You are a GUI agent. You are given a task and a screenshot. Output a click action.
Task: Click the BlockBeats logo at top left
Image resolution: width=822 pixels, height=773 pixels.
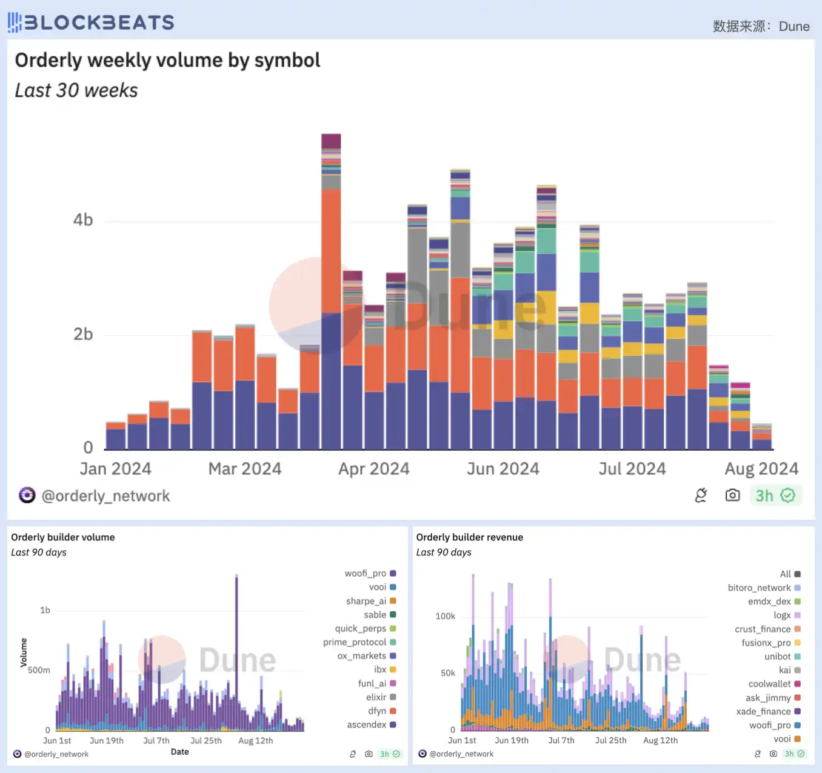(91, 22)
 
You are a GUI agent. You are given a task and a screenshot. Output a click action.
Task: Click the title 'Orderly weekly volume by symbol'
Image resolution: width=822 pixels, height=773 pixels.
(167, 60)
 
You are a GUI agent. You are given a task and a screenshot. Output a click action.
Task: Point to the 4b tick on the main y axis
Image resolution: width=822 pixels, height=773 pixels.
(83, 220)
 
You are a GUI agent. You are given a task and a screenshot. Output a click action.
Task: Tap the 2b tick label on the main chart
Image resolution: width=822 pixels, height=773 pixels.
(83, 334)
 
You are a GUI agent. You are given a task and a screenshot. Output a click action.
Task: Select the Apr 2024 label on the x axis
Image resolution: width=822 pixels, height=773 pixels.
(373, 469)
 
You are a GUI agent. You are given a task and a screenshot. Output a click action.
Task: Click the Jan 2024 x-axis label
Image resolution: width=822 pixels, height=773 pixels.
(115, 469)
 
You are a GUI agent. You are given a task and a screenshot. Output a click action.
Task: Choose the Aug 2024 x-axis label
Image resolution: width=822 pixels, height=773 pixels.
(761, 469)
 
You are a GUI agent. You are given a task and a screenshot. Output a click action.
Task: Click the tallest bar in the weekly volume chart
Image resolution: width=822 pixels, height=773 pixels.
(331, 291)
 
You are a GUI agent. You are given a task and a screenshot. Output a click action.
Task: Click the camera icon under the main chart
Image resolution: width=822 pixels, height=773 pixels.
(732, 496)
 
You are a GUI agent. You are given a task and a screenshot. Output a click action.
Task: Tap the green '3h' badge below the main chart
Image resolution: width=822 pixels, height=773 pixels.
(775, 496)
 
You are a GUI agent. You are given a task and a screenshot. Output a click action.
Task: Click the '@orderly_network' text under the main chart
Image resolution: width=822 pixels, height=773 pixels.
(105, 496)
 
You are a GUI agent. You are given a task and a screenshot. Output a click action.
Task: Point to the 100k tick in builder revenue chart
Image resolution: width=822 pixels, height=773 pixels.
(445, 616)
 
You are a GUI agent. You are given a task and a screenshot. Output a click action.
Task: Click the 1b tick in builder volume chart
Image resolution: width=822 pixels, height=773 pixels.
(45, 610)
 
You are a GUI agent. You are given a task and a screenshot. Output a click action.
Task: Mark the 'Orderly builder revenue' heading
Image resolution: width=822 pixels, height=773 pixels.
(469, 537)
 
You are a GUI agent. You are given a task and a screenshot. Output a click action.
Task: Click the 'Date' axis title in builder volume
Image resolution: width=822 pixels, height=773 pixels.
(179, 752)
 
